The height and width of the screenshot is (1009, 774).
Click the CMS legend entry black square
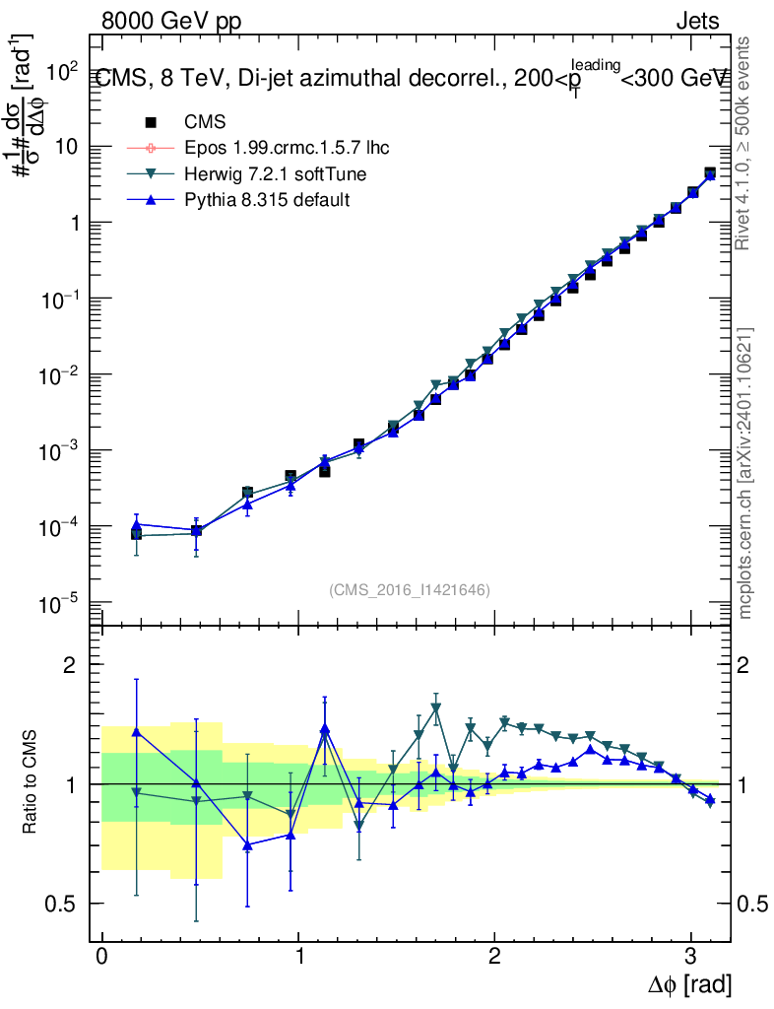pyautogui.click(x=151, y=122)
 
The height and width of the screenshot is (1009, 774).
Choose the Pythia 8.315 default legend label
pyautogui.click(x=268, y=199)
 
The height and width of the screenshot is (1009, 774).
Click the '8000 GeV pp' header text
pyautogui.click(x=170, y=21)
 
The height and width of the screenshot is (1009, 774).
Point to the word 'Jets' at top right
pyautogui.click(x=697, y=21)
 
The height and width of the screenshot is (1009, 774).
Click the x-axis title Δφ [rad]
pyautogui.click(x=690, y=984)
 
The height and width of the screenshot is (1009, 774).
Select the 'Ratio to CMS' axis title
pyautogui.click(x=32, y=784)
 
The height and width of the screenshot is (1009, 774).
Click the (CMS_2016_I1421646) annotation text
pyautogui.click(x=409, y=589)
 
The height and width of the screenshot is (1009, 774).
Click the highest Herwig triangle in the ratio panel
pyautogui.click(x=436, y=707)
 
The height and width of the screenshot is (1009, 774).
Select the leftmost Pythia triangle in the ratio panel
pyautogui.click(x=136, y=731)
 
